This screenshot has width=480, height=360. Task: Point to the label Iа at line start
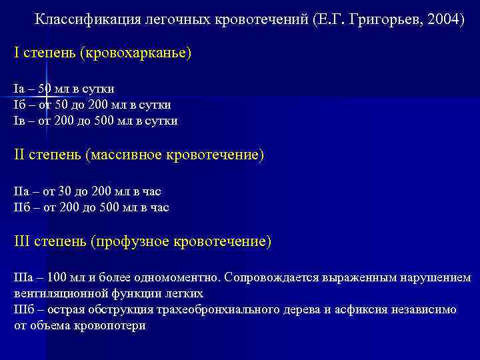[19, 89]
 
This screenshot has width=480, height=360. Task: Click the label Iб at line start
[19, 105]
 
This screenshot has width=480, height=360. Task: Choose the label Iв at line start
[19, 121]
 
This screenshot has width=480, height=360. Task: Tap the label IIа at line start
[22, 191]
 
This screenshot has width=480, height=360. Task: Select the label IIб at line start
[22, 207]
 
